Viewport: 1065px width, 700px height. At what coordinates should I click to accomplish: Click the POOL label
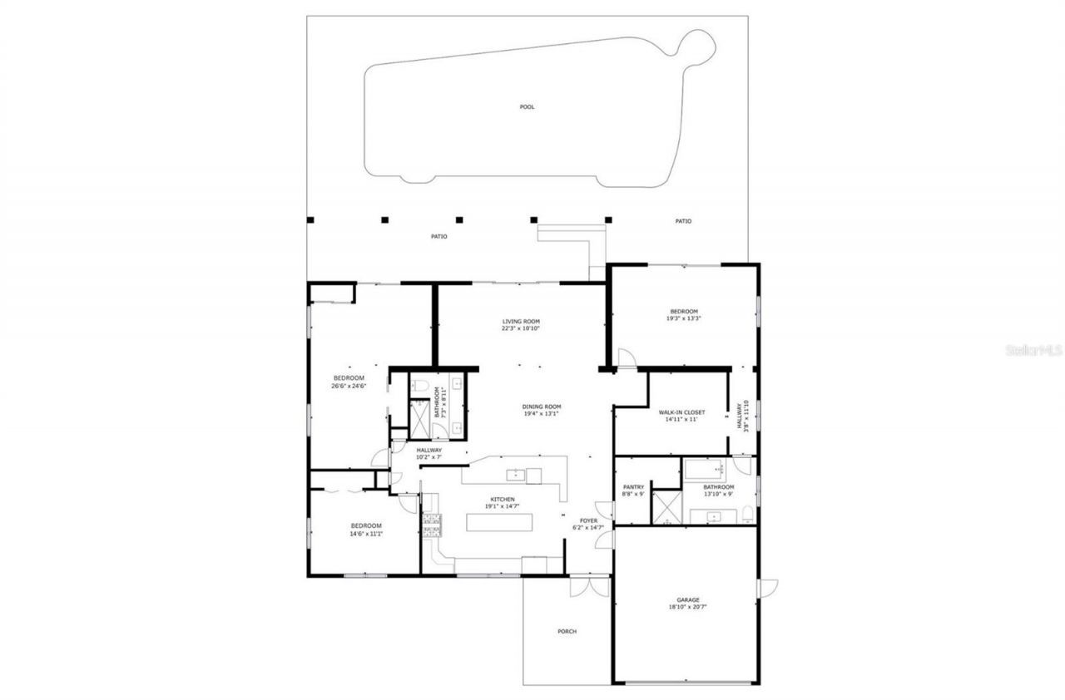pos(527,106)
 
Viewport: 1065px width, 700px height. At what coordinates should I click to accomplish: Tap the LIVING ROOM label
pos(521,322)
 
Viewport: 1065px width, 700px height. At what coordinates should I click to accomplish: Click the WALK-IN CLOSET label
pos(681,412)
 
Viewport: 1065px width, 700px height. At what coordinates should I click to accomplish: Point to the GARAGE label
pos(687,599)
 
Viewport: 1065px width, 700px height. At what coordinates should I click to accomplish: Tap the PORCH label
pos(567,631)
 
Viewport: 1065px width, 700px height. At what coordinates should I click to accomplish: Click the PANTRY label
pos(633,487)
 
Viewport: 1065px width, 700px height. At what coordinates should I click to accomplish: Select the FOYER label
pos(589,521)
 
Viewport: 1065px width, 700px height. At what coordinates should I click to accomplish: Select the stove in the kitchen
pos(432,524)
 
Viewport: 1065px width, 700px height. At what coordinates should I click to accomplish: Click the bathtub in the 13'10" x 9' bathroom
pos(704,471)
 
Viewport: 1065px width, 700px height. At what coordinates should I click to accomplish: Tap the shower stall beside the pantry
pos(666,507)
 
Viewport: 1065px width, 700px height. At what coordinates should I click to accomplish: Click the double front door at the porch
pos(588,587)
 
